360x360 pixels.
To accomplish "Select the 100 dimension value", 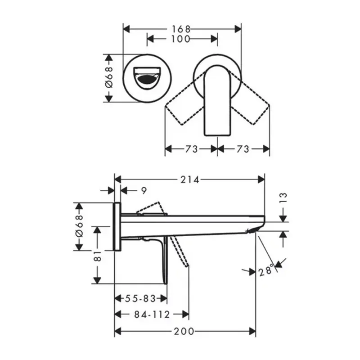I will (x=181, y=39).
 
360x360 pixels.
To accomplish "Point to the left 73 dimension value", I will (x=191, y=149).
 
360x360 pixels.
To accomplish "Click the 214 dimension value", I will (x=190, y=180).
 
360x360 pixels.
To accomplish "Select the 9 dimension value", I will (x=143, y=191).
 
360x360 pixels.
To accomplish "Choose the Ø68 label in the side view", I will (x=79, y=227).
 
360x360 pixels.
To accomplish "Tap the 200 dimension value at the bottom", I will (x=184, y=332).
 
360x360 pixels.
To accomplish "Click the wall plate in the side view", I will (x=117, y=226).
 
